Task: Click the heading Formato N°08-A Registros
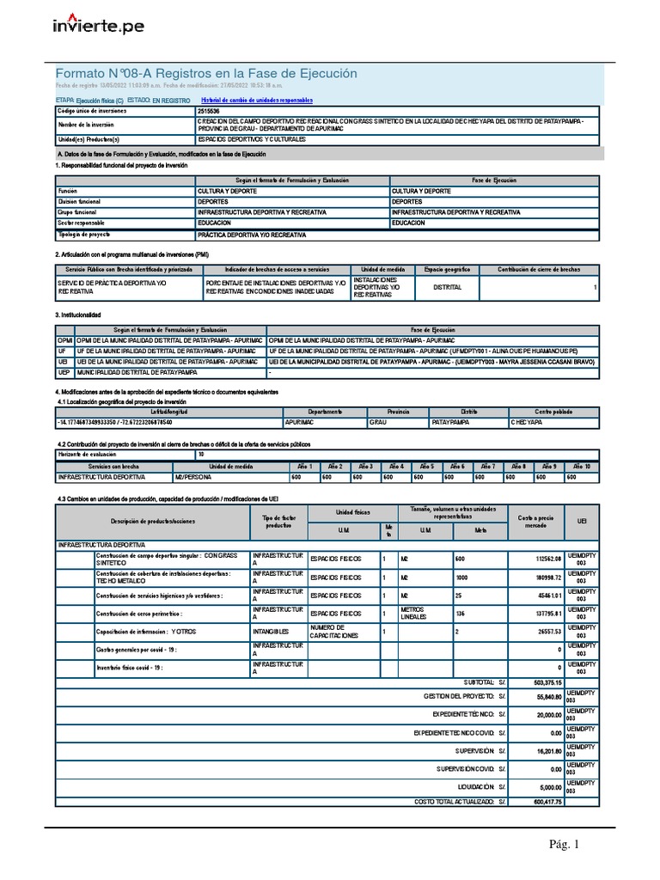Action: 206,74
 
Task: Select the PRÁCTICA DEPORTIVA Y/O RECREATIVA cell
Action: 252,234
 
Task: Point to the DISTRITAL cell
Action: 447,287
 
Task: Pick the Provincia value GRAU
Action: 378,423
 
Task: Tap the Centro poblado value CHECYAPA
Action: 527,423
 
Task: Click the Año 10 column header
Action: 580,465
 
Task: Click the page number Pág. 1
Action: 565,845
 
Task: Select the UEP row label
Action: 63,373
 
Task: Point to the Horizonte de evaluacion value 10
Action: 201,454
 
